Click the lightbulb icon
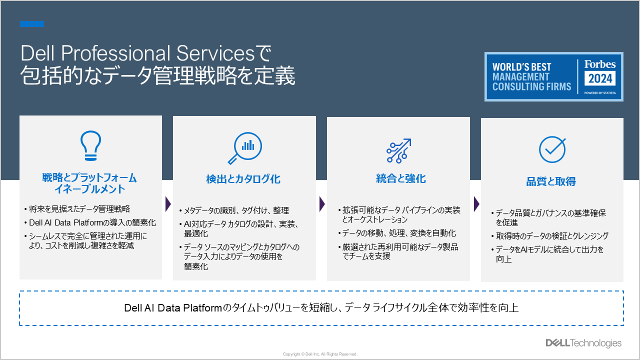coord(90,145)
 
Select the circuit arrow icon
coord(399,151)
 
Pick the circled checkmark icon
coord(552,149)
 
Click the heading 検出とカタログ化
coord(243,179)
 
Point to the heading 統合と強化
coord(401,178)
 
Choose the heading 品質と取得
coord(551,181)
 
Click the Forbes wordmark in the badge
coord(599,64)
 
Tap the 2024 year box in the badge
coord(599,78)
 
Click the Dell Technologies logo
coord(583,343)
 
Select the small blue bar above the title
coord(32,24)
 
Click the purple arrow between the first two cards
coord(168,204)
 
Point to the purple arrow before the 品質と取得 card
coord(476,204)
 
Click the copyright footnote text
coord(320,354)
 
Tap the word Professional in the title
coord(115,53)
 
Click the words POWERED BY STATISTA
coord(600,93)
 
